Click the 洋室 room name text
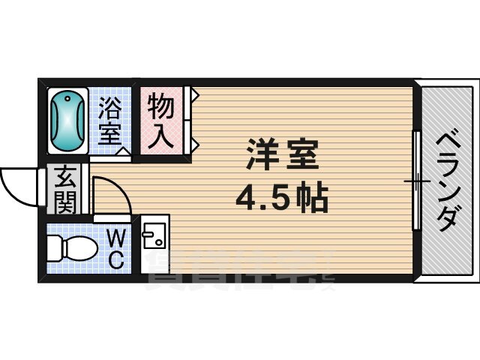tap(282, 155)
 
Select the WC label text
tap(115, 250)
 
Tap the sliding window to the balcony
tap(415, 181)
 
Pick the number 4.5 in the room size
tap(261, 198)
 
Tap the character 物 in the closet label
tap(160, 106)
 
